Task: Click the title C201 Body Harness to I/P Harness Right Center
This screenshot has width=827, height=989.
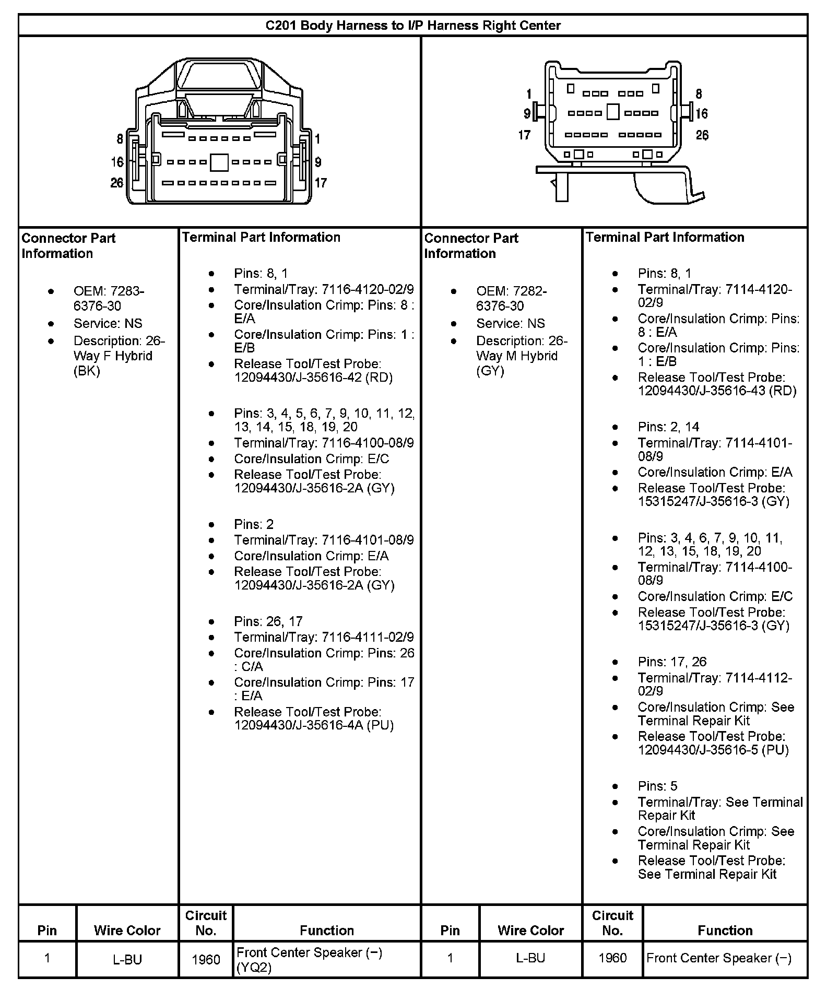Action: [x=413, y=26]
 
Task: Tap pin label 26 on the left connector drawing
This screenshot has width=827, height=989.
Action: [x=117, y=183]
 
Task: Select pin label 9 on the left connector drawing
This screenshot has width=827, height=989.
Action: [x=318, y=162]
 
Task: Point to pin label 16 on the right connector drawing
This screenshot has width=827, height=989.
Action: [x=701, y=113]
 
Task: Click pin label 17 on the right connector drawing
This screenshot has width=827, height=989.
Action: [x=524, y=135]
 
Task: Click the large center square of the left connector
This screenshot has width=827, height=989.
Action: [x=219, y=162]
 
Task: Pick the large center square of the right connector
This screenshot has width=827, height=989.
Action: [x=613, y=112]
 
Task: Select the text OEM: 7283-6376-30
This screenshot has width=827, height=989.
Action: [x=109, y=298]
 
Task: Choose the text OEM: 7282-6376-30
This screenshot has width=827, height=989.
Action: [x=511, y=298]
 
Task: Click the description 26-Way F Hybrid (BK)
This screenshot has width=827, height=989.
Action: [x=119, y=356]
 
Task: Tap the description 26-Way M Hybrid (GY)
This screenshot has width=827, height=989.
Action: [x=521, y=356]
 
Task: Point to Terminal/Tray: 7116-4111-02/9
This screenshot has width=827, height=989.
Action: [x=324, y=637]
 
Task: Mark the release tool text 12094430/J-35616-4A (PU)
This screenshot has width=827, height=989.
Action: [x=314, y=725]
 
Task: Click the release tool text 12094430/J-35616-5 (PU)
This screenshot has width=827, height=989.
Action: [x=713, y=750]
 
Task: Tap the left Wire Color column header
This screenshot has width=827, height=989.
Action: [x=127, y=931]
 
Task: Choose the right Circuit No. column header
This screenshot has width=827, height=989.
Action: [x=612, y=923]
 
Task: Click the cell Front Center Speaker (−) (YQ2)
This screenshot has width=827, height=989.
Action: [x=309, y=960]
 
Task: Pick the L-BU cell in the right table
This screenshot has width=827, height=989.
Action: [x=530, y=958]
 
